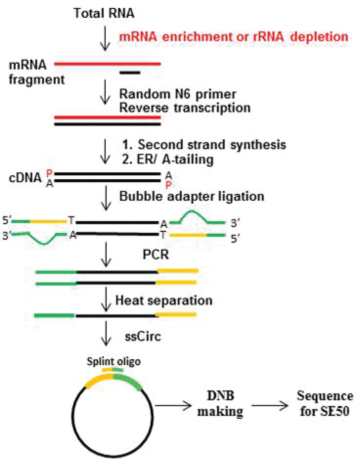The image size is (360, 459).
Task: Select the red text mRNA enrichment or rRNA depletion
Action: coord(233,37)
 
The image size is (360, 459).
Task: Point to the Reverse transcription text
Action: coord(185,108)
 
